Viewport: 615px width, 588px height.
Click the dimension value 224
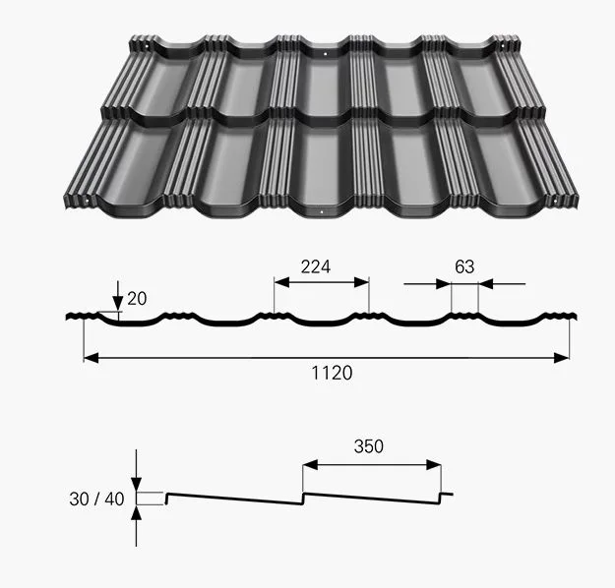pos(316,266)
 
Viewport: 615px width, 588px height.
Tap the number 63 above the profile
pos(464,266)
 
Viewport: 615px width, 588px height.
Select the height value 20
pos(137,299)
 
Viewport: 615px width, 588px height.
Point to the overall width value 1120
pos(332,373)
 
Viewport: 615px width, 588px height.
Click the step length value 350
pos(369,446)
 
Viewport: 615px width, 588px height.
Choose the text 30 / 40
pos(96,500)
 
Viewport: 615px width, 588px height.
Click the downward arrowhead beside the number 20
pos(118,304)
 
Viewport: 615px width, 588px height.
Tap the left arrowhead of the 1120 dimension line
pos(91,358)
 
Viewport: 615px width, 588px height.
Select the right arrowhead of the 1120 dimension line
pos(561,358)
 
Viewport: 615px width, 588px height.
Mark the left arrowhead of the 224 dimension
pos(281,282)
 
